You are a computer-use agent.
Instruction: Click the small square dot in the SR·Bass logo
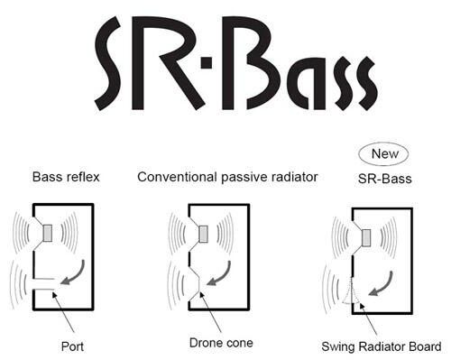(x=207, y=63)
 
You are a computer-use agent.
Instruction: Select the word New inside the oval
(x=385, y=154)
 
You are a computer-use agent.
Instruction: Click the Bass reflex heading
(x=66, y=177)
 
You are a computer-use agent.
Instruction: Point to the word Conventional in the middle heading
(x=177, y=177)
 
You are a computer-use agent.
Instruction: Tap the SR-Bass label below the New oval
(x=385, y=179)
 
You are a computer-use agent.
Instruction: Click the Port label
(x=72, y=346)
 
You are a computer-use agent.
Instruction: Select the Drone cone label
(x=221, y=343)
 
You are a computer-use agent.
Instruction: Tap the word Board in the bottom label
(x=424, y=346)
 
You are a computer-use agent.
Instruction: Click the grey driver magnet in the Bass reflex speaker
(x=48, y=233)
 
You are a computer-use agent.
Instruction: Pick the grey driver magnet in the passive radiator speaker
(x=203, y=234)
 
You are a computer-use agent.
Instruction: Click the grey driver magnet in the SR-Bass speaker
(x=366, y=238)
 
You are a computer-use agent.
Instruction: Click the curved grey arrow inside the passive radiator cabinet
(x=222, y=274)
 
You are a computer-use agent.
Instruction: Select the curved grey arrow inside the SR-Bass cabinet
(x=384, y=285)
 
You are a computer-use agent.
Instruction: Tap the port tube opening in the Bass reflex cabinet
(x=44, y=284)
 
